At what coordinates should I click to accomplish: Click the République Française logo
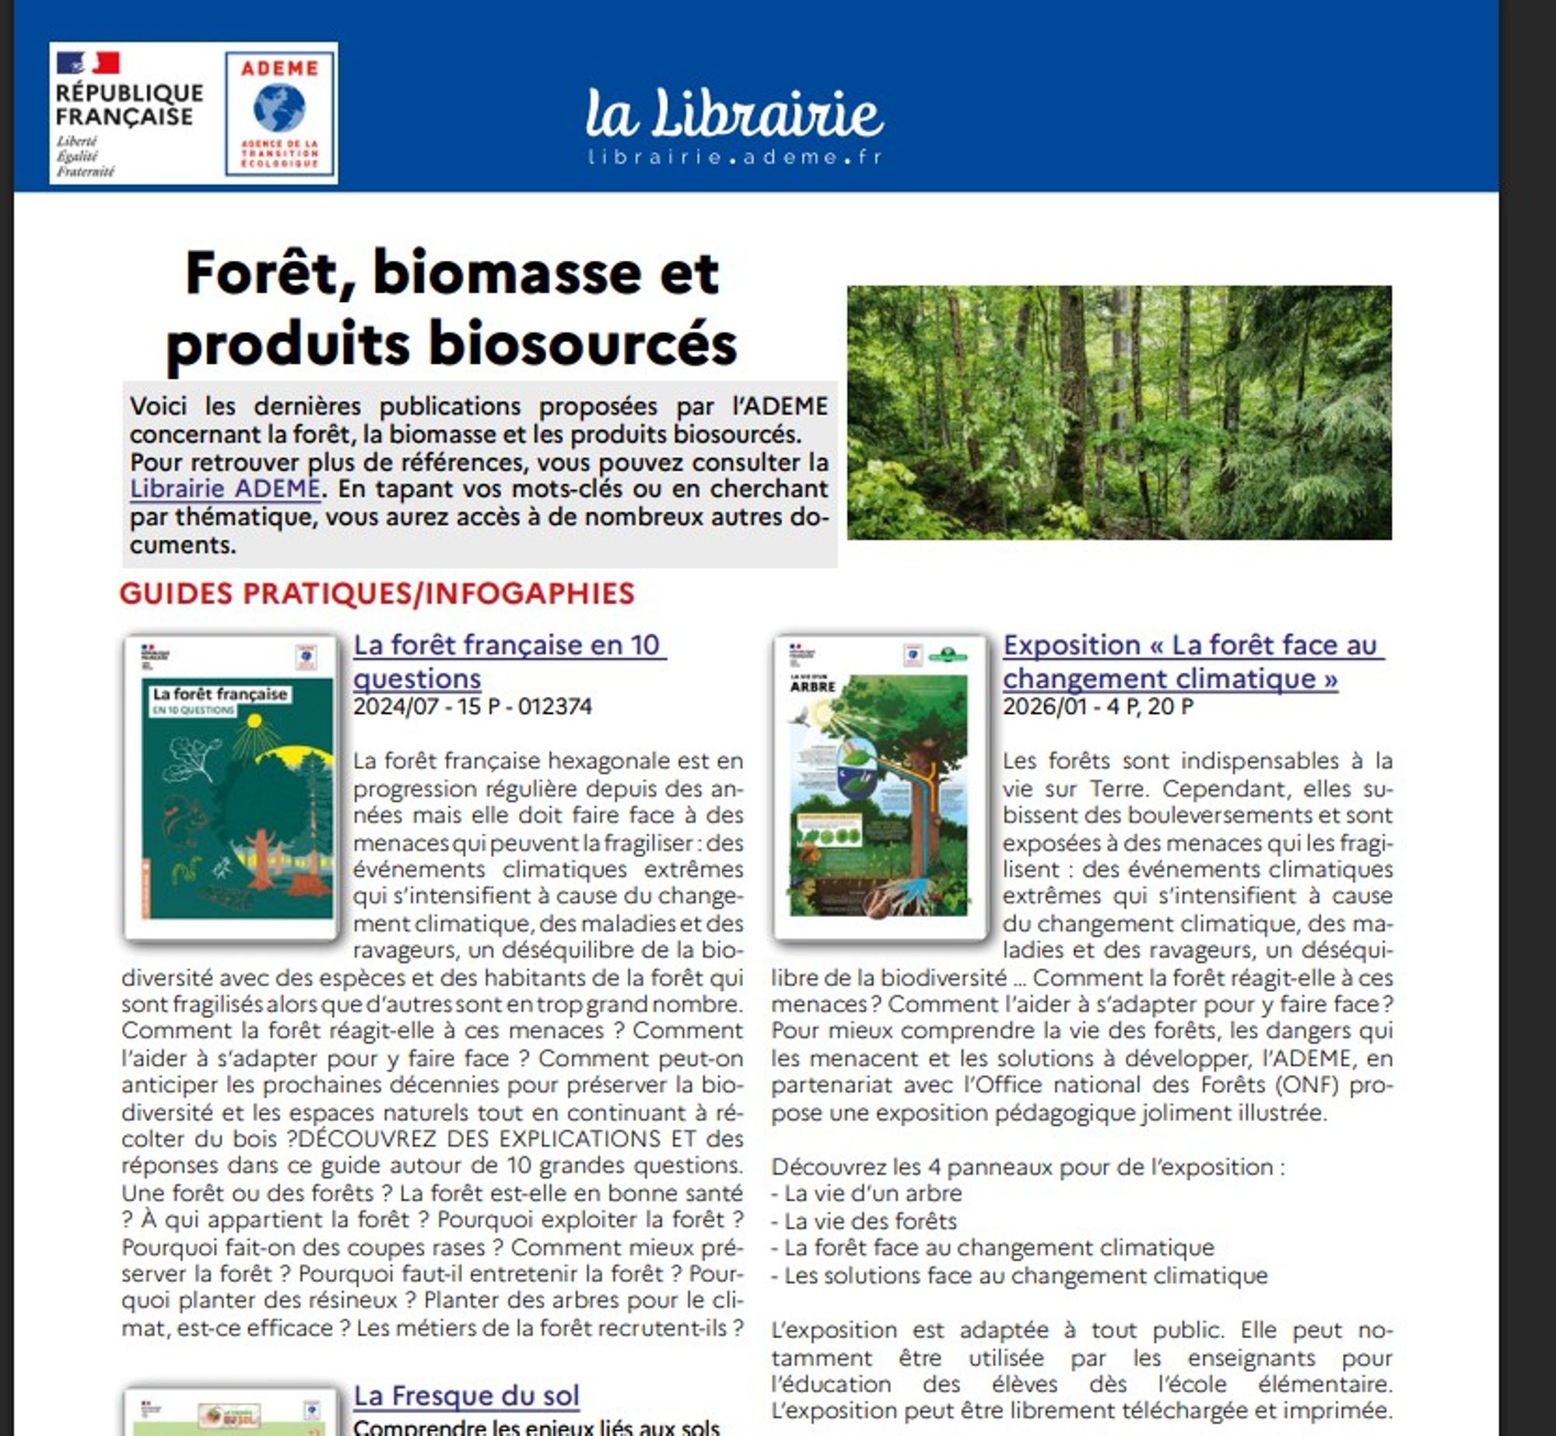click(129, 114)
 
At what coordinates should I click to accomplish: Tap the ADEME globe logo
click(279, 108)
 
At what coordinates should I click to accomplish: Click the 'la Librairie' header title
click(734, 113)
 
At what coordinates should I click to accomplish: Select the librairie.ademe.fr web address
click(734, 156)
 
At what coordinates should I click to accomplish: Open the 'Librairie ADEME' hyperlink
click(225, 489)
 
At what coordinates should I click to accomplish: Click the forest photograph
click(1119, 412)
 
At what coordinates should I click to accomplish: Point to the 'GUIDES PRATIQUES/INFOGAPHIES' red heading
click(377, 594)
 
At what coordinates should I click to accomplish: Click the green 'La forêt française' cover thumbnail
click(231, 787)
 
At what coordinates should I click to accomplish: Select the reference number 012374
click(555, 706)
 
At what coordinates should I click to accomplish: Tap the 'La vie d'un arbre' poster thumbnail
click(880, 787)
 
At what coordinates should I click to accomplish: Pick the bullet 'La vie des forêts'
click(870, 1221)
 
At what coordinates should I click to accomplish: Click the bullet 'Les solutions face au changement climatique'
click(1025, 1275)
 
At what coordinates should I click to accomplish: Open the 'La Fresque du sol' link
click(466, 1396)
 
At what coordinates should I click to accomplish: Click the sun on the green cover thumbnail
click(254, 723)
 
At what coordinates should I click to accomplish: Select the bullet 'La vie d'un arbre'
click(872, 1193)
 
